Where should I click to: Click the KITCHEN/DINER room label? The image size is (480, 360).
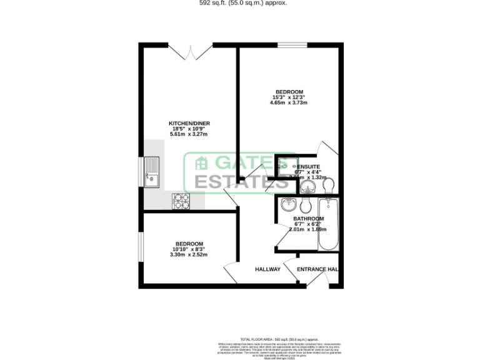(x=188, y=122)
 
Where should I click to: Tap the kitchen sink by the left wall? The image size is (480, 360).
(x=152, y=172)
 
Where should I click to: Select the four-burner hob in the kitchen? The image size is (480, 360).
(x=182, y=200)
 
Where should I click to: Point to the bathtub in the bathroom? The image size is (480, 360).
(x=327, y=224)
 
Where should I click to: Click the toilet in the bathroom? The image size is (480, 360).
(x=306, y=206)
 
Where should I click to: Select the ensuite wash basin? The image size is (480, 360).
(x=307, y=187)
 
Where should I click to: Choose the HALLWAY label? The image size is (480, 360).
(x=267, y=269)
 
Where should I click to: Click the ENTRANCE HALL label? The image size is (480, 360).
(x=317, y=269)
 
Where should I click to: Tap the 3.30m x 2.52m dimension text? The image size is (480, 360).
(x=189, y=255)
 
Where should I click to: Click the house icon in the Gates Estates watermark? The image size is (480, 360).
(x=202, y=164)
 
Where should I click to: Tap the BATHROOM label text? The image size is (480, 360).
(x=309, y=219)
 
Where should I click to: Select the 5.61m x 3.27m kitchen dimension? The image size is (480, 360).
(x=188, y=134)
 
